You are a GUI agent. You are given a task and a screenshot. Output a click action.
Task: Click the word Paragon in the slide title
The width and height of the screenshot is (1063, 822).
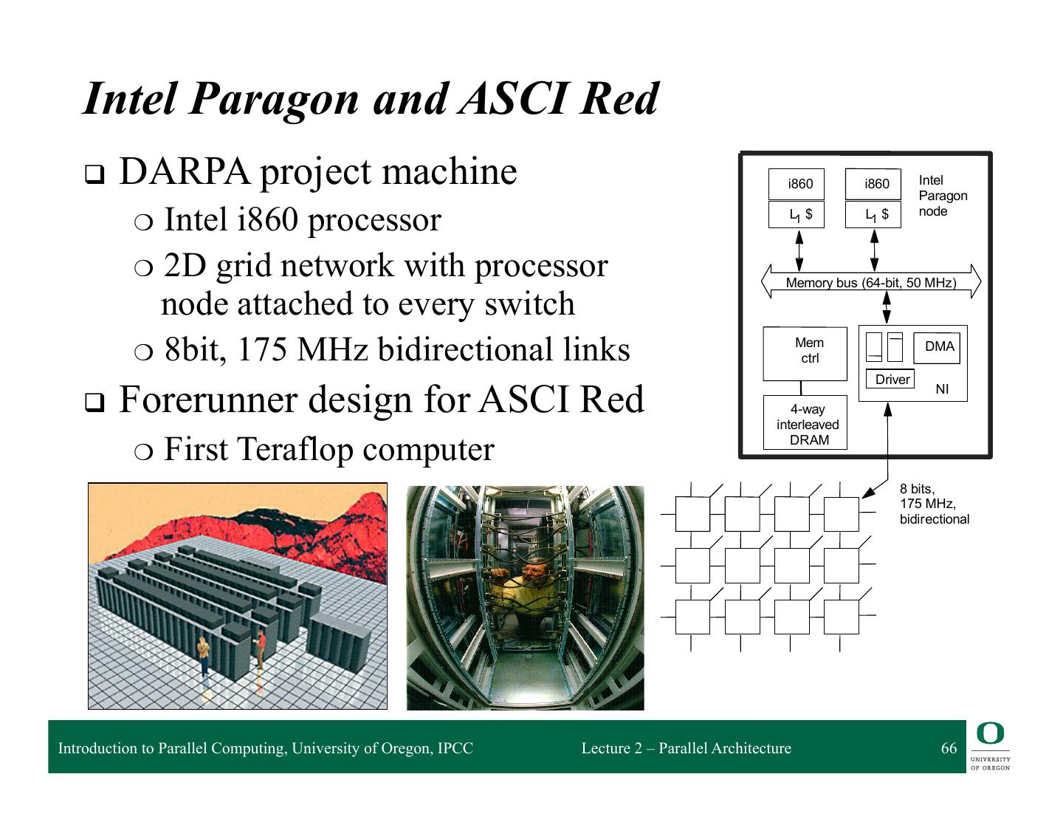tap(273, 99)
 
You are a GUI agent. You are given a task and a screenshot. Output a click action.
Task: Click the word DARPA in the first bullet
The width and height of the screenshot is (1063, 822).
tap(185, 172)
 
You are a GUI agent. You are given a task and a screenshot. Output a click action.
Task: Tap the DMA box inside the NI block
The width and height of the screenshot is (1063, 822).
tap(938, 346)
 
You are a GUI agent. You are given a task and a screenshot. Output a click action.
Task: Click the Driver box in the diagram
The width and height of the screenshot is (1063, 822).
tap(891, 380)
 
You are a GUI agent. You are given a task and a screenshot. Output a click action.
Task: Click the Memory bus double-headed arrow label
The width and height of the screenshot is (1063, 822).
tap(870, 283)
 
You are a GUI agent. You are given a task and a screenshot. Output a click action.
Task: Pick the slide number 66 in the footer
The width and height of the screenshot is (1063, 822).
tap(949, 748)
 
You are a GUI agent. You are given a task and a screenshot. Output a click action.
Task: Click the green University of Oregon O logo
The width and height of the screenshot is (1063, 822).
tap(990, 735)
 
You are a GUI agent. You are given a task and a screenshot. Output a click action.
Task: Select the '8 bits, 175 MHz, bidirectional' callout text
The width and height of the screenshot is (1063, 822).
tap(934, 504)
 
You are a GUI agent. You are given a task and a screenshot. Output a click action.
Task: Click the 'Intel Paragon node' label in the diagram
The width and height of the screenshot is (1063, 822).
tap(942, 196)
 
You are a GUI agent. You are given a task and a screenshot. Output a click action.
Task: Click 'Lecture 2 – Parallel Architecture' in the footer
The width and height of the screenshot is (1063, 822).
tap(686, 748)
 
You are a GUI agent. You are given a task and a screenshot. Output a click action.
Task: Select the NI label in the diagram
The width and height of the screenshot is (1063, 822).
tap(942, 389)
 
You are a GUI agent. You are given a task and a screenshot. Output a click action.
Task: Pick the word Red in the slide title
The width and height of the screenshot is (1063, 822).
tap(619, 99)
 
